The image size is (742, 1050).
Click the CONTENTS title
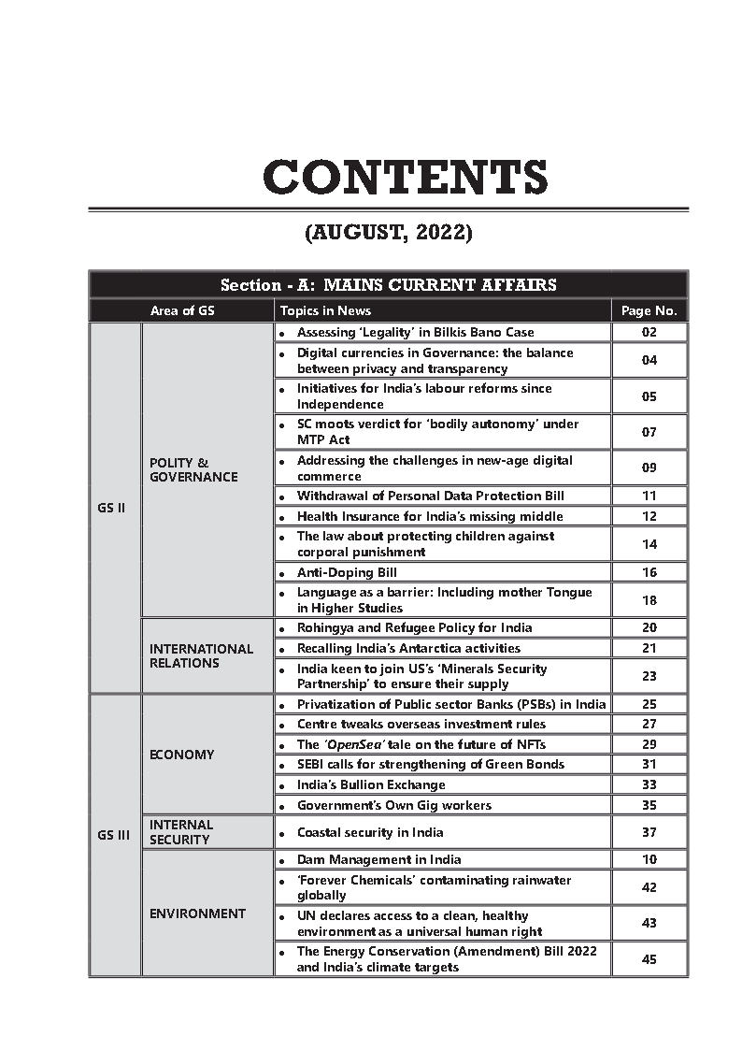(x=405, y=177)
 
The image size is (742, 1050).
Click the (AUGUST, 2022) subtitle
(x=388, y=233)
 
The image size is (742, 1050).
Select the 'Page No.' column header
(x=649, y=311)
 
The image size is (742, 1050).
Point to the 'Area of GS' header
(x=182, y=311)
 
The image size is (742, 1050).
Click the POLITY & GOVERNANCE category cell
(x=193, y=469)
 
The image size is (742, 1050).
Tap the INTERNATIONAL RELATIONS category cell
(x=201, y=655)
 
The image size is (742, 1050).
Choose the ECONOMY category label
(x=181, y=755)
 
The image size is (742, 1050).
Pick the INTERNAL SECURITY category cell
(x=181, y=832)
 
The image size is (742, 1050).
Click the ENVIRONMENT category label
(x=197, y=913)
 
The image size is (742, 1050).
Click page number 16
(x=649, y=572)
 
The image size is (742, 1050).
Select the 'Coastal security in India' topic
(x=370, y=832)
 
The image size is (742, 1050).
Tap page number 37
(x=649, y=832)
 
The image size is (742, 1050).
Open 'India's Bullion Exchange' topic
(x=371, y=784)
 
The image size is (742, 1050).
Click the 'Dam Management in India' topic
(x=378, y=859)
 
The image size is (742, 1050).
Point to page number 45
(x=649, y=959)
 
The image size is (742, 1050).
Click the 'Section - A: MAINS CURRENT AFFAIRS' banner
(x=388, y=285)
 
